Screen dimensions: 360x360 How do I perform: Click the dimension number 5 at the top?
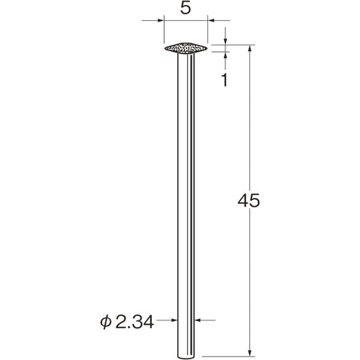(186, 9)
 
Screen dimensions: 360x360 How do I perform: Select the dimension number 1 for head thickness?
(225, 80)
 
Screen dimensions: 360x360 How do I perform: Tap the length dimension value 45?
(248, 200)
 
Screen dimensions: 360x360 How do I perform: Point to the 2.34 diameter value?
(135, 322)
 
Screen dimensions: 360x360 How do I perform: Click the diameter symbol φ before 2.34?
(106, 323)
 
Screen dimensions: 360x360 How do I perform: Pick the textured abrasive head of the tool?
(186, 48)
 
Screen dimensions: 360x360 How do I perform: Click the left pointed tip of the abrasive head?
(165, 48)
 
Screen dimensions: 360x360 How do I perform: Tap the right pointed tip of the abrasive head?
(207, 48)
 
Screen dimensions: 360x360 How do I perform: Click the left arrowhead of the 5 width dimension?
(161, 20)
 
